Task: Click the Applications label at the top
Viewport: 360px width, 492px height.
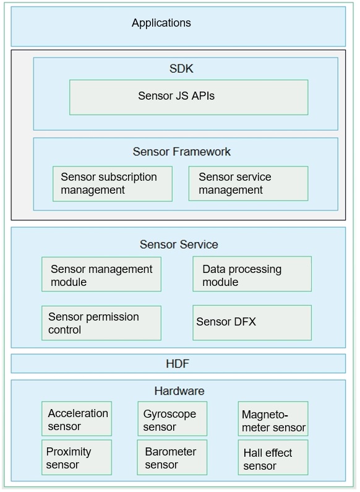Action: coord(161,23)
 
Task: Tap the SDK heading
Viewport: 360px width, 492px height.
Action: coord(181,69)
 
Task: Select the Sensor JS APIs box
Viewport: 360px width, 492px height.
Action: coord(189,97)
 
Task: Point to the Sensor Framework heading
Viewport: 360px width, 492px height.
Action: coord(182,152)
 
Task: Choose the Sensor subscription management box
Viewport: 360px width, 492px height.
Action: coord(113,184)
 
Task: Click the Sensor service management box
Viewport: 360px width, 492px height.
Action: coord(249,184)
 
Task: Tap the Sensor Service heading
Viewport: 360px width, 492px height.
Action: coord(179,244)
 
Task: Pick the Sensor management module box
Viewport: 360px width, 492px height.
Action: coord(101,274)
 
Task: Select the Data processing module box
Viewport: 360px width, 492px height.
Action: coord(252,274)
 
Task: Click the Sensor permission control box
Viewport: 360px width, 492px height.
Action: coord(101,323)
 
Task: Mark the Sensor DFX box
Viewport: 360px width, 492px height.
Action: coord(252,323)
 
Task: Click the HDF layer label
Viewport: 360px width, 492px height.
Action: coord(178,364)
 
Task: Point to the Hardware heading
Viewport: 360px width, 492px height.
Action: coord(179,391)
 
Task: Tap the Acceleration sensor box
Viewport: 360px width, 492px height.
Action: coord(77,418)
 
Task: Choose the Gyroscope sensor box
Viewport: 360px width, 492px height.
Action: coord(173,418)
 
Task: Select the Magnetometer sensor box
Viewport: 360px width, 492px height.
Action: coord(273,418)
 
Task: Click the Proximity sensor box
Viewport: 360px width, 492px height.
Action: coord(77,457)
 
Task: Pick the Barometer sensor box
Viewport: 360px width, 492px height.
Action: coord(172,457)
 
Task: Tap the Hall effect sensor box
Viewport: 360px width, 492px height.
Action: coord(273,457)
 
